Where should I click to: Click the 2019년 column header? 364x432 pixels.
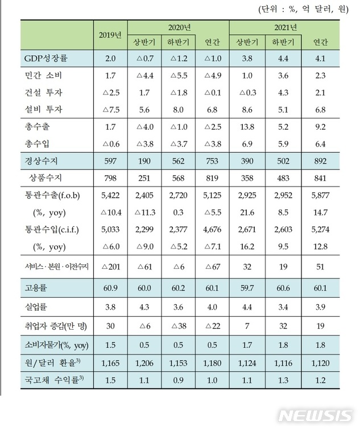[110, 35]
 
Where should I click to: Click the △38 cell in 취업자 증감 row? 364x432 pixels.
[179, 326]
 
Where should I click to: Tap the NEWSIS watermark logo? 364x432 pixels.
[316, 415]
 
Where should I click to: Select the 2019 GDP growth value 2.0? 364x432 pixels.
[110, 58]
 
